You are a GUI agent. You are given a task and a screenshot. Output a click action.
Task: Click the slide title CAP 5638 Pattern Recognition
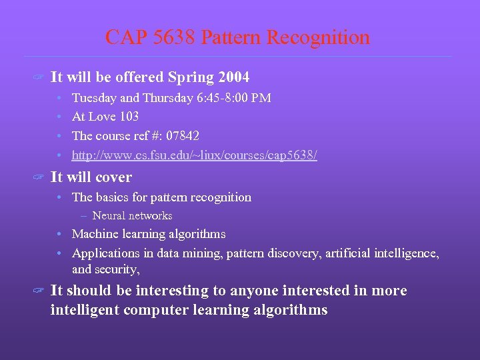point(237,37)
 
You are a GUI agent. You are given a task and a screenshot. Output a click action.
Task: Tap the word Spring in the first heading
point(190,77)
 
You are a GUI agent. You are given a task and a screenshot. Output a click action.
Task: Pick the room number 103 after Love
point(127,117)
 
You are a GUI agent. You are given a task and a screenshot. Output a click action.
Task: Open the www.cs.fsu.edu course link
point(194,155)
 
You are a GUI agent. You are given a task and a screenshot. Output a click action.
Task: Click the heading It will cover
point(91,177)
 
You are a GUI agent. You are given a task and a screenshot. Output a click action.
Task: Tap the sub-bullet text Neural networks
point(132,215)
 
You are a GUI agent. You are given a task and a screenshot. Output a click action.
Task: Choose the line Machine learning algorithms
point(149,234)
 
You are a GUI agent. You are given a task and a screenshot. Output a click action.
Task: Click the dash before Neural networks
point(85,215)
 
